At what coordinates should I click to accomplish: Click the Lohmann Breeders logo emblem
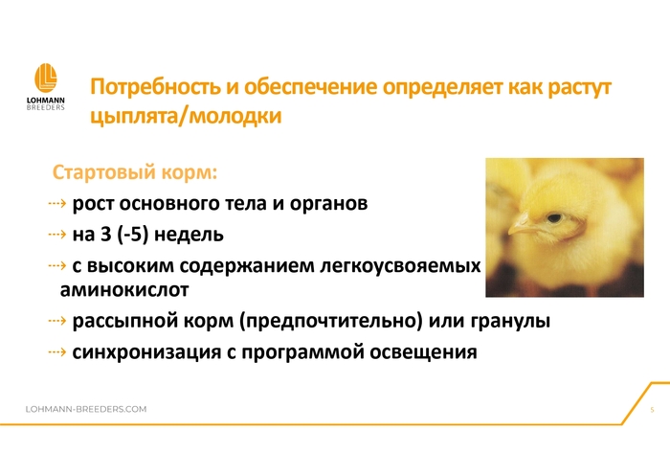point(46,78)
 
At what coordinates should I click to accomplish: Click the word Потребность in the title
point(155,87)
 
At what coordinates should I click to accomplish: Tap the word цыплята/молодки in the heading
point(186,116)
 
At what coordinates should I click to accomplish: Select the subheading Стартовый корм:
point(135,172)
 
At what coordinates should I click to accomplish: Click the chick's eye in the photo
point(554,218)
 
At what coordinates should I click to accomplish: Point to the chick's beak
point(519,225)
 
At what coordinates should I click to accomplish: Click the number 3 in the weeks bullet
point(105,235)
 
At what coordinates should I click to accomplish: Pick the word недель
point(189,235)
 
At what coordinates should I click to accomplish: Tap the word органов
point(328,203)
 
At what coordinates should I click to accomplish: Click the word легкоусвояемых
point(400,266)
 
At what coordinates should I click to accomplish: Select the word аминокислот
point(124,290)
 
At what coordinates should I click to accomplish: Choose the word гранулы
point(510,321)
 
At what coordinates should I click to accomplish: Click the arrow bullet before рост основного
point(57,203)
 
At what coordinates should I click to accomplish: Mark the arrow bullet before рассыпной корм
point(57,321)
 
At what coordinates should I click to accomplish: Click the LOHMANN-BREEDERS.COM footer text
point(86,409)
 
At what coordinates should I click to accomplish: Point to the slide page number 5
point(652,410)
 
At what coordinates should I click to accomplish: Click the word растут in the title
point(579,87)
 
